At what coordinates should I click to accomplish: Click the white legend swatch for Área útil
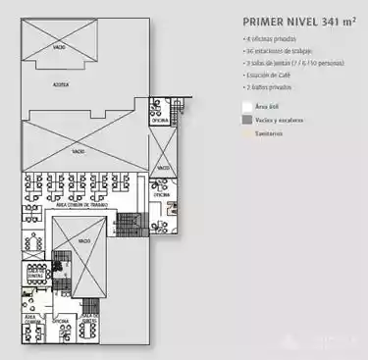point(246,103)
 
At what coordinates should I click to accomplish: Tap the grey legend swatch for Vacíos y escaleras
point(246,118)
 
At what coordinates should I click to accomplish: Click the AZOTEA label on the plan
point(61,85)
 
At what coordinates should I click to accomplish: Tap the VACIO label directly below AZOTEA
point(79,152)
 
